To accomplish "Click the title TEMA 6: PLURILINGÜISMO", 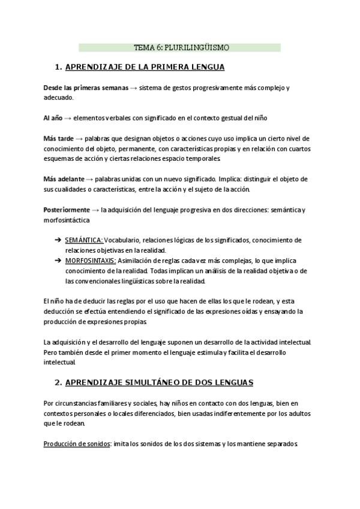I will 181,47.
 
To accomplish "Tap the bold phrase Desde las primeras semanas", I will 86,88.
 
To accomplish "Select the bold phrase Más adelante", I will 64,179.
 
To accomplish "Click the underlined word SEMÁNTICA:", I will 83,240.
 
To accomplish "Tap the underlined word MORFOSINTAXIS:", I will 90,261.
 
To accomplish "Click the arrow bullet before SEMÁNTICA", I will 58,240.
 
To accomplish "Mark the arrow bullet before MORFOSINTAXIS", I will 58,261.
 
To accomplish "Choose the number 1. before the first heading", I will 59,67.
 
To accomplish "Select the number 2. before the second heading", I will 59,382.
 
